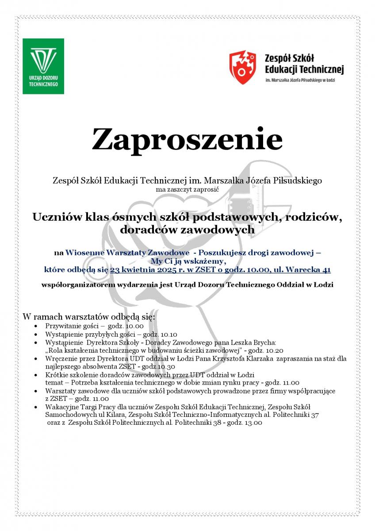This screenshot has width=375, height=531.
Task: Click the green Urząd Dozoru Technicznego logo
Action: point(43,66)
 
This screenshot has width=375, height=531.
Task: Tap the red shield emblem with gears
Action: point(243,67)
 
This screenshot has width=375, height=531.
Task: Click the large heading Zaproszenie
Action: point(187,139)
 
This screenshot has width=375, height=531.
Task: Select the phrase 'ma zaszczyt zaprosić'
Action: point(187,189)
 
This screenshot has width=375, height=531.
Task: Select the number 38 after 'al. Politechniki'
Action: point(215,423)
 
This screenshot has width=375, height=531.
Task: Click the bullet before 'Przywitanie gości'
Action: point(36,326)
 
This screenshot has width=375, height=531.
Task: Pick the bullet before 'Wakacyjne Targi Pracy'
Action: point(36,407)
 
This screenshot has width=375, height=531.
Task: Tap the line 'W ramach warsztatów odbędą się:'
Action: point(88,317)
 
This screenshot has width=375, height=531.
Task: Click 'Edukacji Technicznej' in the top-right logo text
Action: point(304,69)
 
